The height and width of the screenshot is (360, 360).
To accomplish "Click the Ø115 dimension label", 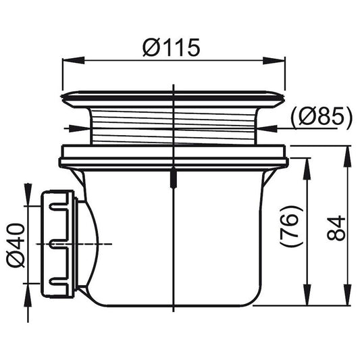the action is pos(171,47).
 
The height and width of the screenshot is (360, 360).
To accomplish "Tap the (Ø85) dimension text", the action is pos(321,118).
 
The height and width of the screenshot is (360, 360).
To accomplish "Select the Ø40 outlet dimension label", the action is pos(16,245).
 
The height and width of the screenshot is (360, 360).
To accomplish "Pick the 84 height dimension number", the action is pos(336,228).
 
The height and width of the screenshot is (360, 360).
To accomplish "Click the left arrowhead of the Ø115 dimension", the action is pos(74,61).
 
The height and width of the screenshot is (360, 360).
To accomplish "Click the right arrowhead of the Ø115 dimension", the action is pos(274,61).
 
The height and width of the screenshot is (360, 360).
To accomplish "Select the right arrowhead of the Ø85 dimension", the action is pos(265,128).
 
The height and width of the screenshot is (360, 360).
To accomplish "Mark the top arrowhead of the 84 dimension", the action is pos(347,157).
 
